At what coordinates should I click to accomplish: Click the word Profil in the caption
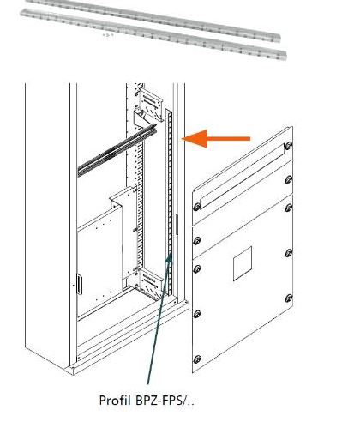pyautogui.click(x=115, y=400)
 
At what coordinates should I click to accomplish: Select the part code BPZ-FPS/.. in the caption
pyautogui.click(x=163, y=400)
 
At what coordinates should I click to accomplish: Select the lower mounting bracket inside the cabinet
pyautogui.click(x=150, y=281)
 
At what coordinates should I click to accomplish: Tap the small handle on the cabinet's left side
pyautogui.click(x=79, y=284)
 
